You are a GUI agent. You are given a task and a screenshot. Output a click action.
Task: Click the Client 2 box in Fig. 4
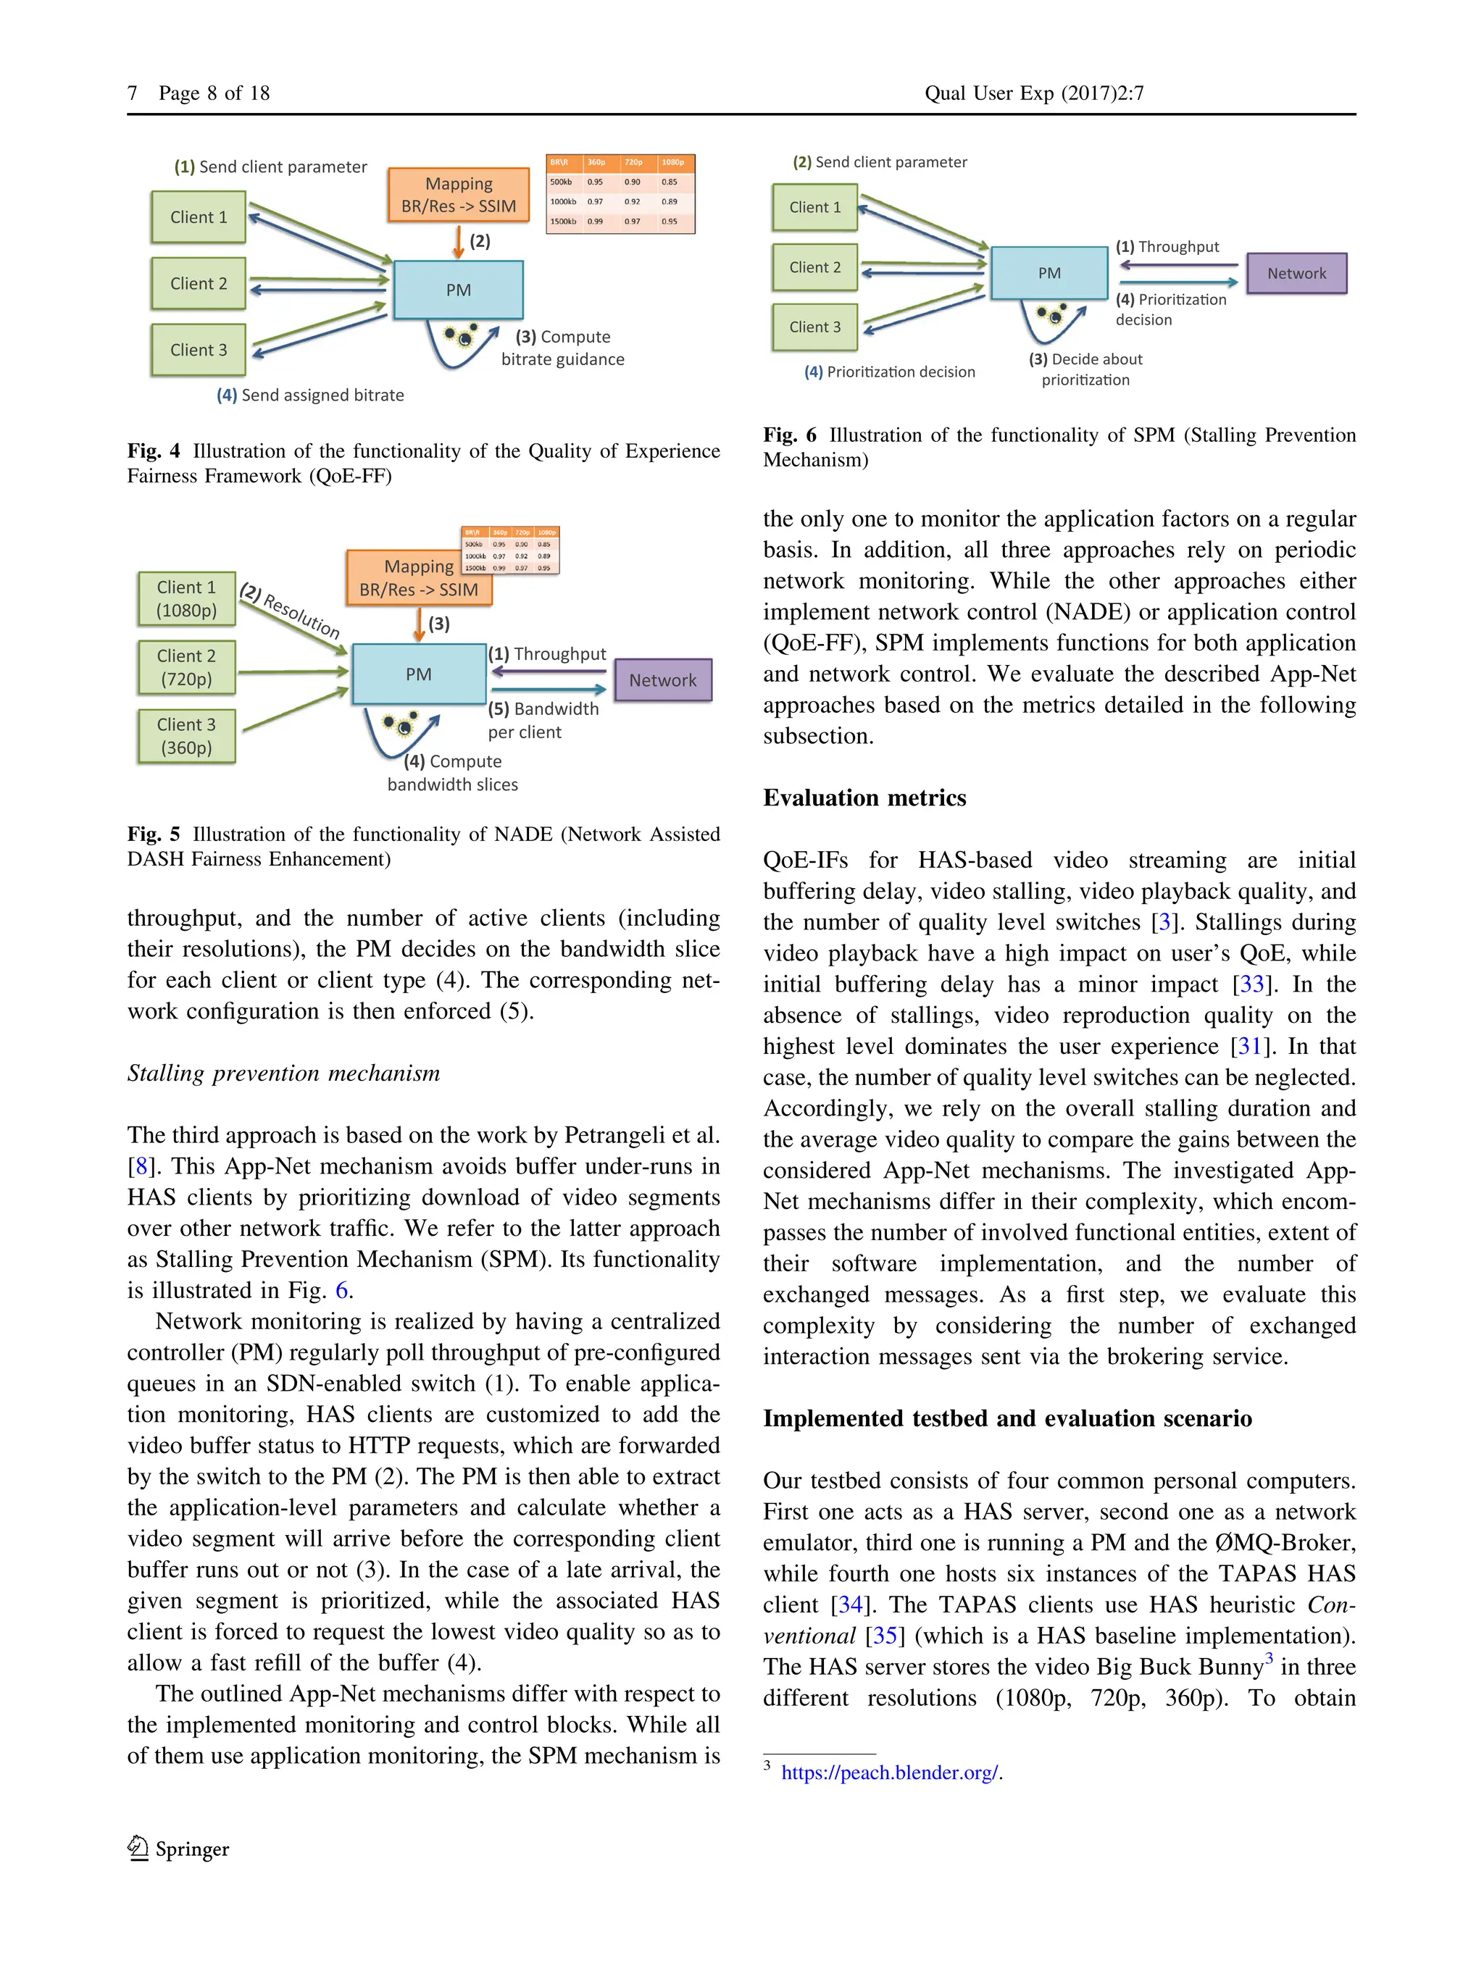click(198, 283)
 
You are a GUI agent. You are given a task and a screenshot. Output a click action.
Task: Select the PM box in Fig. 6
click(1049, 272)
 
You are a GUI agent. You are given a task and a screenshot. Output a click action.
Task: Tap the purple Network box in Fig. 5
click(662, 680)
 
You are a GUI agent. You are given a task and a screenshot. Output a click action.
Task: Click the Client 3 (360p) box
click(186, 736)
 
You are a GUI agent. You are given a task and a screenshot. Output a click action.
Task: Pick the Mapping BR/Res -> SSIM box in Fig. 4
click(458, 195)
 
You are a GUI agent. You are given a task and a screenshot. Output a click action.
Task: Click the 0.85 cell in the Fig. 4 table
click(670, 182)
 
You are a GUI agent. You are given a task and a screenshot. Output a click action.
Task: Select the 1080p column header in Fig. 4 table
click(673, 162)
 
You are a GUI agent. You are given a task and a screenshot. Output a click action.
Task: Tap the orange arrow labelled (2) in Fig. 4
click(458, 241)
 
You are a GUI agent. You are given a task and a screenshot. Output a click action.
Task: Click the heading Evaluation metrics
click(864, 798)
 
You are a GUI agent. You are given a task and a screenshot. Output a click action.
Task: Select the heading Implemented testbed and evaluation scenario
click(1006, 1418)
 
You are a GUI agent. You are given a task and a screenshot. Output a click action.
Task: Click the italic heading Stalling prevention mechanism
click(283, 1073)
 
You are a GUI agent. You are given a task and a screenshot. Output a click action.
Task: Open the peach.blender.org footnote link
click(890, 1773)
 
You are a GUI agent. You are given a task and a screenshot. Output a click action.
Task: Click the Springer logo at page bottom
click(178, 1849)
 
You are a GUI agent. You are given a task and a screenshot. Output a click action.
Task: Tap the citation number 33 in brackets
click(1251, 984)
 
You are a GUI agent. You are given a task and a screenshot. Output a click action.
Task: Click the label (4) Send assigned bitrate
click(310, 395)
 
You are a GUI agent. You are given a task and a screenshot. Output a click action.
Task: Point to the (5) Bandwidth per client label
click(543, 720)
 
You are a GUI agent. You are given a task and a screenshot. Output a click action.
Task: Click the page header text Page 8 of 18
click(214, 93)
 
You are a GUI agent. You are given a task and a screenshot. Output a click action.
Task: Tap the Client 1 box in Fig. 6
click(814, 206)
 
